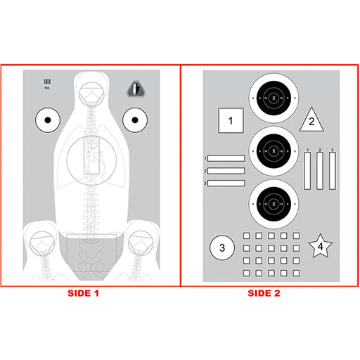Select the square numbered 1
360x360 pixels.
click(231, 122)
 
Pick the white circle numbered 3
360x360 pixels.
click(222, 247)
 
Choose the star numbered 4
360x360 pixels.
click(321, 247)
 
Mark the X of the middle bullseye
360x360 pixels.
click(274, 148)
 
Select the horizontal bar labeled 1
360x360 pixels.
click(226, 159)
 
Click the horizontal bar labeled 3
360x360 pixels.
click(226, 184)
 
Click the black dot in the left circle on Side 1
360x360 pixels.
click(48, 120)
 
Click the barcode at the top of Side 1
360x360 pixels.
click(48, 83)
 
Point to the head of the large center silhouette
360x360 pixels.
click(91, 92)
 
